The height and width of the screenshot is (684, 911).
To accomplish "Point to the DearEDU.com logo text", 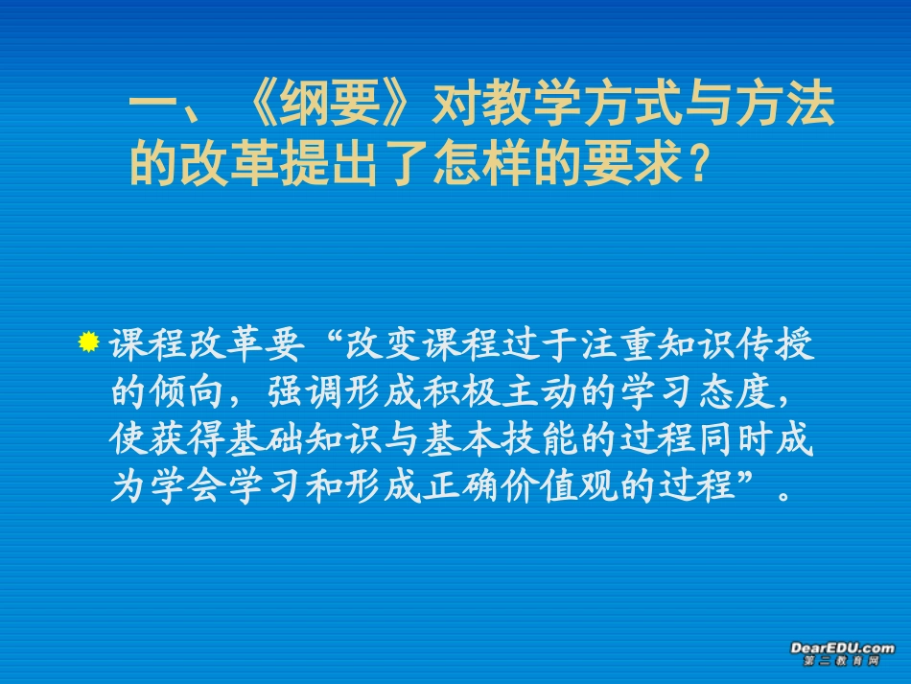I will pyautogui.click(x=842, y=649).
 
